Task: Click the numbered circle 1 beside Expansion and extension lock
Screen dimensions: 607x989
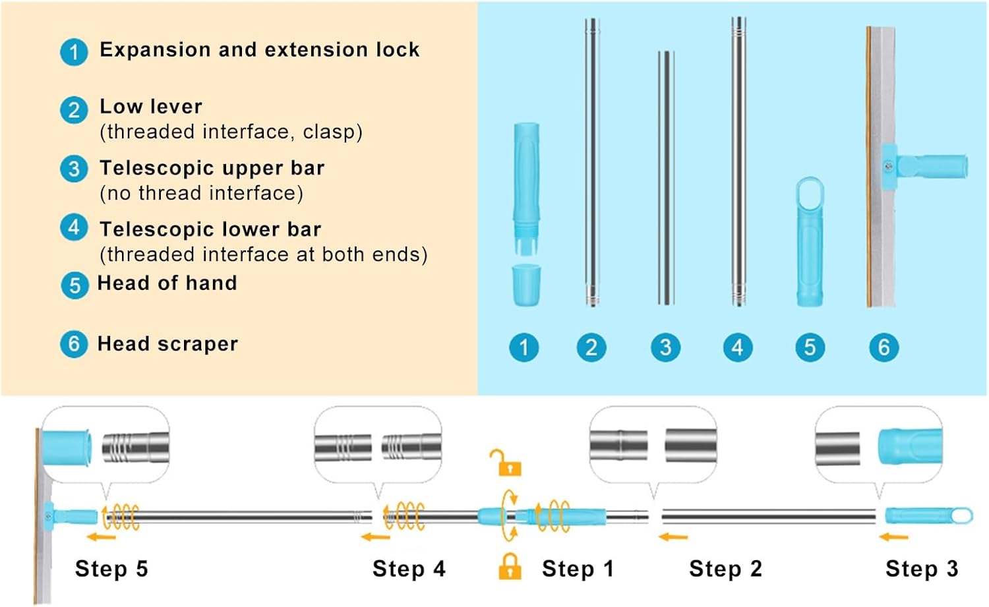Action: pos(74,52)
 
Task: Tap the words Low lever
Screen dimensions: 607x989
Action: pos(151,107)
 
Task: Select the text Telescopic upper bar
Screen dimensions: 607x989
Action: pos(212,168)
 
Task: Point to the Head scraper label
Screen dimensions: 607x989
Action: pos(167,344)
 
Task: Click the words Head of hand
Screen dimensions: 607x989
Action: pos(167,283)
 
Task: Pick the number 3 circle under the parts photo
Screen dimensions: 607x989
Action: pos(665,347)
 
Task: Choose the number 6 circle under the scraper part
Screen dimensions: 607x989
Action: pos(884,347)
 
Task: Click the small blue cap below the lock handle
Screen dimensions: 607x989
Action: pos(526,285)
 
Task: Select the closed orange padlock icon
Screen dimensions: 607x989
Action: pos(510,566)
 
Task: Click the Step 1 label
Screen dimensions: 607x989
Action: pos(578,569)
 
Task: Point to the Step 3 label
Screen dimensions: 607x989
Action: pos(921,569)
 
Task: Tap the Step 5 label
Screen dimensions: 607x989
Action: pos(111,569)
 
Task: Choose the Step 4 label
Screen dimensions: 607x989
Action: pos(409,569)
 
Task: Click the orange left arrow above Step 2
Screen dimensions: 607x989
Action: pos(673,538)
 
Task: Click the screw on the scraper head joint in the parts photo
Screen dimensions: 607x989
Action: pos(889,167)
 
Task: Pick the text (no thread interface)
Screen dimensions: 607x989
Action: pos(202,194)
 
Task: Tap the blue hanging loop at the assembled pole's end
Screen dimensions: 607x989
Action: pos(961,515)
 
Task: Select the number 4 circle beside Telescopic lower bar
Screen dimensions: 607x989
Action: pos(74,228)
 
